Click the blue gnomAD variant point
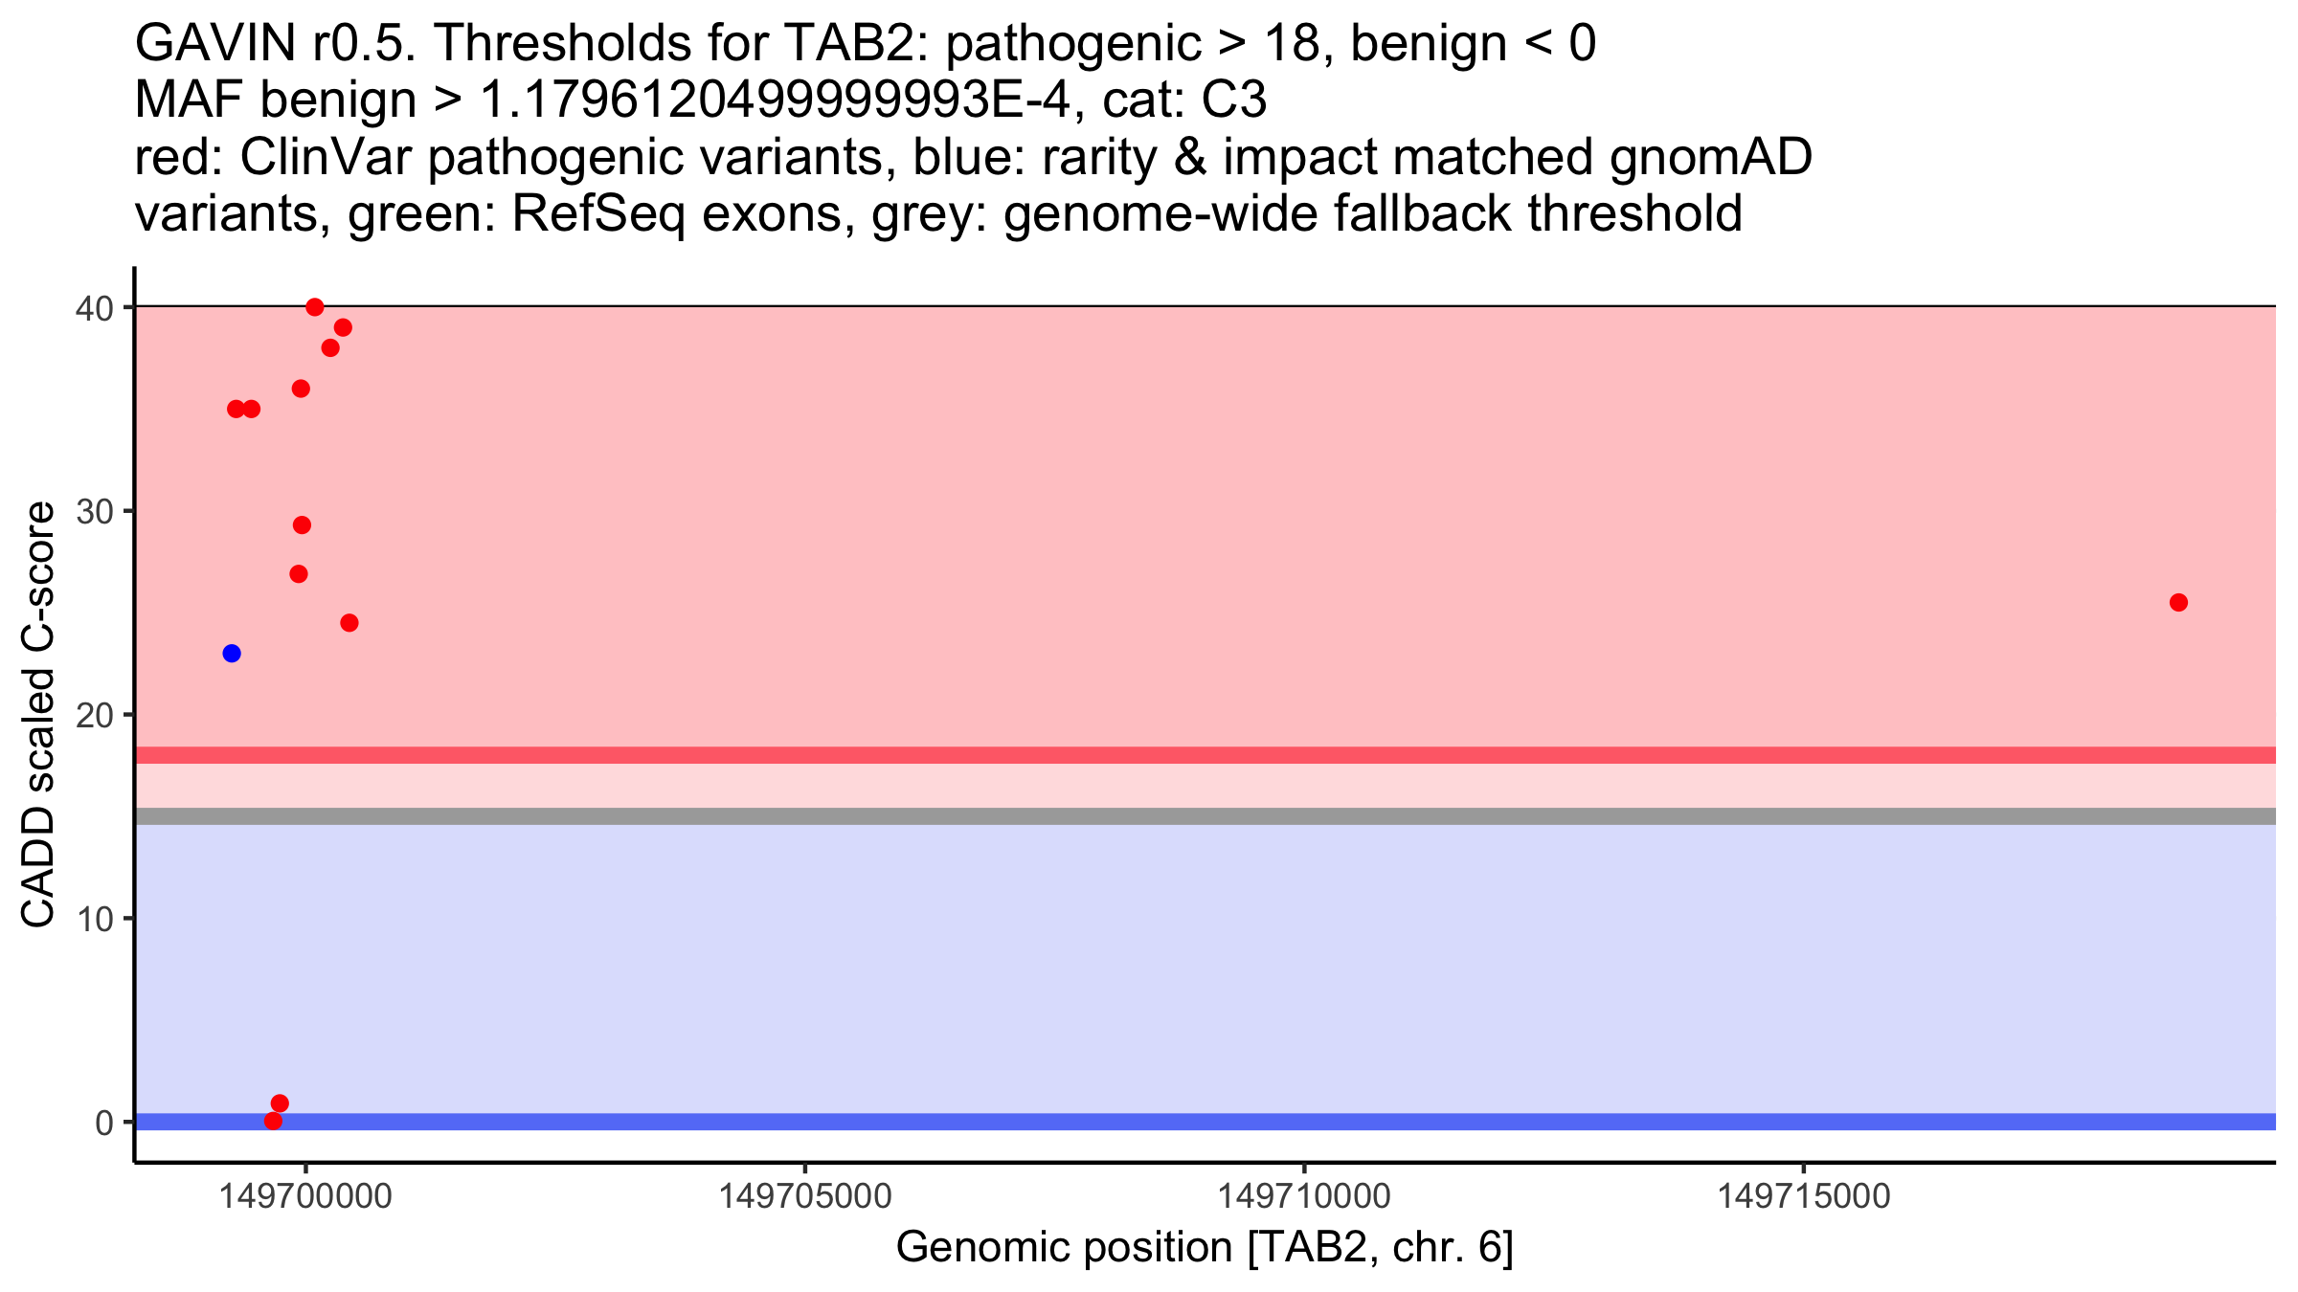coord(232,654)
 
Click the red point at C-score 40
coord(315,307)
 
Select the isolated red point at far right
coord(2178,602)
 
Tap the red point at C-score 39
coord(343,327)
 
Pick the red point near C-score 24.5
coord(349,623)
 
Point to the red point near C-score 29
coord(302,525)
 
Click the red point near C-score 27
coord(299,574)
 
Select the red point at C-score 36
coord(301,389)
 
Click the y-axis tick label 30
coord(95,511)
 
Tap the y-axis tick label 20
coord(95,715)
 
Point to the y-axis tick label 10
coord(95,919)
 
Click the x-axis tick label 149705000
coord(805,1196)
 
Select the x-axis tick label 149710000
coord(1304,1196)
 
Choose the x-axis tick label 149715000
coord(1804,1196)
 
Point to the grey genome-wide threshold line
coord(1205,816)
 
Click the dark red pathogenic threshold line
coord(1205,755)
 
